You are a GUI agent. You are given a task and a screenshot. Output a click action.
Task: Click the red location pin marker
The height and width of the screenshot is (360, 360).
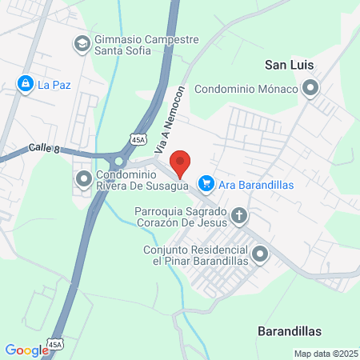pos(181,162)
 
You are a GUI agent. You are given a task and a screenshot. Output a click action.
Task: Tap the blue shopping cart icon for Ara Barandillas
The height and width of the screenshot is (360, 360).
pos(206,184)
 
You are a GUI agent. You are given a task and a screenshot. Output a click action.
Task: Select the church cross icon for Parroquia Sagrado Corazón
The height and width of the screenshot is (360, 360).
pos(238,215)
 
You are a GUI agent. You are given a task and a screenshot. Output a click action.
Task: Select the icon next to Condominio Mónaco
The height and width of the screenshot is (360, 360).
pos(310,89)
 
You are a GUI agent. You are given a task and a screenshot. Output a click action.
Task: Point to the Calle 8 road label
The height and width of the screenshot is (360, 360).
pos(45,147)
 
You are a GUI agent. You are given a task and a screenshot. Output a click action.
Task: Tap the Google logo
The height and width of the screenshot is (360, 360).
pos(27,350)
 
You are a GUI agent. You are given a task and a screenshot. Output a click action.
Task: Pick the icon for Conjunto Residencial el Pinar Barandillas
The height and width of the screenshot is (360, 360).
pos(259,255)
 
